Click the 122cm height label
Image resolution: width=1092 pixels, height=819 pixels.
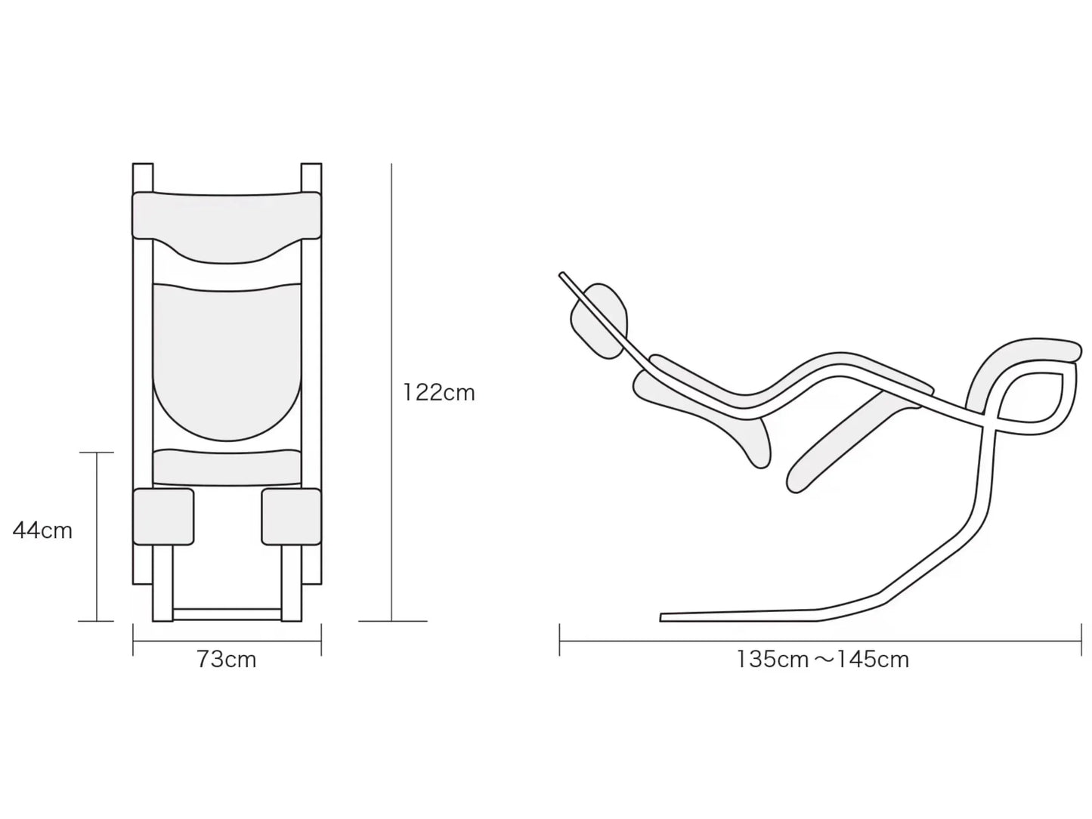[438, 393]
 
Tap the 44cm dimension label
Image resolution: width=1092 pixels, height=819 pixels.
[43, 530]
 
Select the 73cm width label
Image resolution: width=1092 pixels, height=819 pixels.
[227, 660]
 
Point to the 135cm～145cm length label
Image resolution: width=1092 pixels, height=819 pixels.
[822, 660]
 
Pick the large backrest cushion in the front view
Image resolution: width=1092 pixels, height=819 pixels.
[227, 360]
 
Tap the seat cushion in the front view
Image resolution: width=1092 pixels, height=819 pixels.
[227, 468]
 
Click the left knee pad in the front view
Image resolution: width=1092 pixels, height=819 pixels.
[163, 517]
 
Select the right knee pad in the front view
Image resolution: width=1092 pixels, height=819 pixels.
[292, 517]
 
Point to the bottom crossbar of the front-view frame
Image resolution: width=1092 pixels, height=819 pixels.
[227, 614]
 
